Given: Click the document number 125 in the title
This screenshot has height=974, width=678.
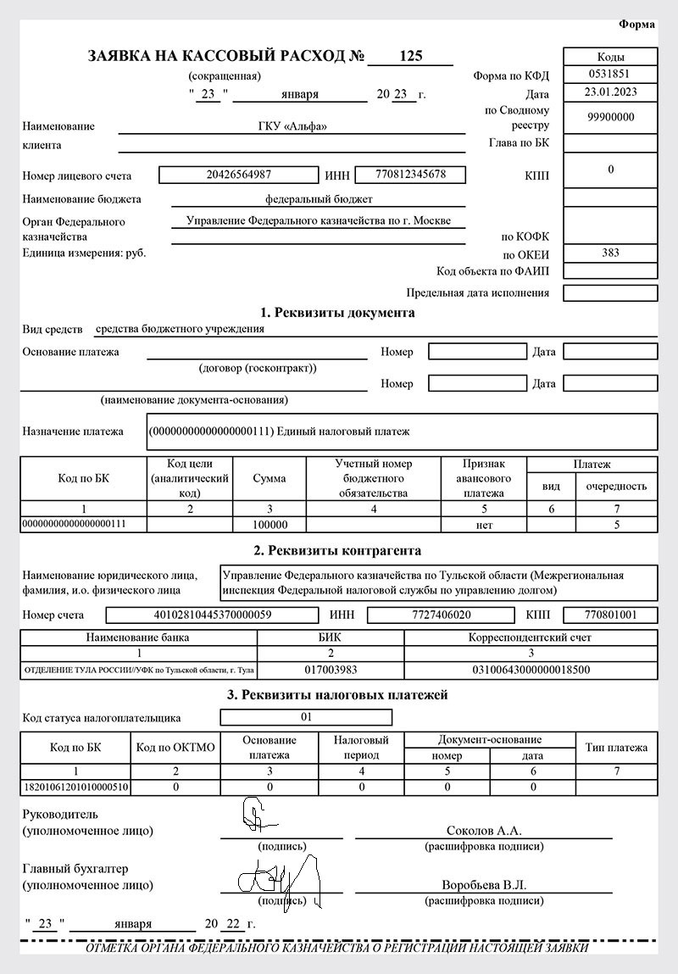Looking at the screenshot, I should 411,57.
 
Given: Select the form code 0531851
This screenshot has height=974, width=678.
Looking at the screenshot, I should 610,74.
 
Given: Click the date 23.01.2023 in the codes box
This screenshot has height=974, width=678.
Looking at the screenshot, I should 610,92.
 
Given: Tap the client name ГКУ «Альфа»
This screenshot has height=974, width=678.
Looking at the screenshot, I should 292,126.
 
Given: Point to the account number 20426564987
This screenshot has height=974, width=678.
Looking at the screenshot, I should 238,175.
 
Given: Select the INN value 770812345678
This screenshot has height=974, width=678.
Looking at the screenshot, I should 410,175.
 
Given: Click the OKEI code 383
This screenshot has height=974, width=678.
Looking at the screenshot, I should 610,253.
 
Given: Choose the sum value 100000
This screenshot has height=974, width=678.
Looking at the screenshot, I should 269,525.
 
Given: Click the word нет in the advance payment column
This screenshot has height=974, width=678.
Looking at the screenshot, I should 484,525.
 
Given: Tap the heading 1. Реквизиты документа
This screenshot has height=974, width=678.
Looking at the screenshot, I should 339,313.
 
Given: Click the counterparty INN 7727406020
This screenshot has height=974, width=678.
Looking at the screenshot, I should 440,615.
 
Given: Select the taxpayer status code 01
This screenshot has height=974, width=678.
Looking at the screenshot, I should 306,717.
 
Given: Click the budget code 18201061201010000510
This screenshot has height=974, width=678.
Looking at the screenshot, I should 75,787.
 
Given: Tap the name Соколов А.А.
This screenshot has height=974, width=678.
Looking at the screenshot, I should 484,830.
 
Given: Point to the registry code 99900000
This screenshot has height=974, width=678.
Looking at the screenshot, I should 610,118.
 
